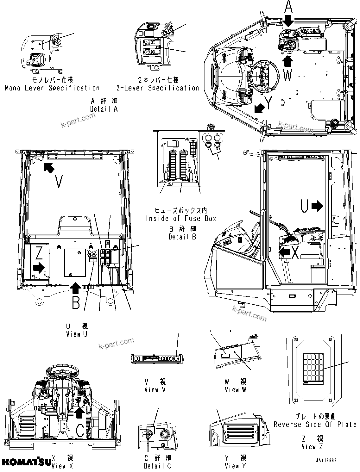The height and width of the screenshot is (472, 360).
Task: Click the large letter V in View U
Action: pos(59,182)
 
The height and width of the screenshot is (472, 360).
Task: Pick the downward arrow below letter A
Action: pos(288,21)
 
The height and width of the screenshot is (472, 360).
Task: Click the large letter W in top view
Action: pos(288,76)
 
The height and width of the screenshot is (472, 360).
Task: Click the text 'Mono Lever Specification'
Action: pos(52,88)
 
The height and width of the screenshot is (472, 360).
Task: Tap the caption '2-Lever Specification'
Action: pos(158,88)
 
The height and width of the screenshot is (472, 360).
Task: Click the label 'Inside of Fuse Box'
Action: pos(181,218)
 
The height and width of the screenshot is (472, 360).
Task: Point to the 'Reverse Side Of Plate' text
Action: pos(315,424)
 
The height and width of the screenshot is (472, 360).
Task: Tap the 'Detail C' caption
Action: pos(158,466)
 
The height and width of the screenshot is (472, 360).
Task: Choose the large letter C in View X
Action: pos(80,430)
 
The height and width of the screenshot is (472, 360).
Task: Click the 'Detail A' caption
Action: pos(104,109)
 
